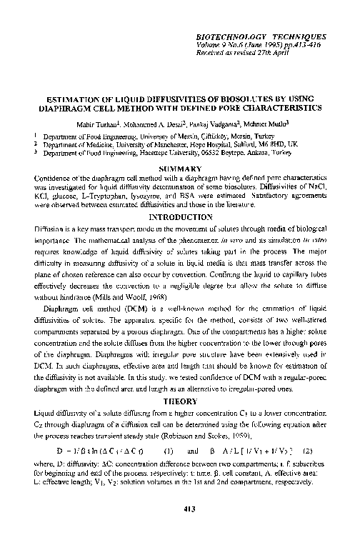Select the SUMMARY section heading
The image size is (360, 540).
[x=179, y=168]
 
